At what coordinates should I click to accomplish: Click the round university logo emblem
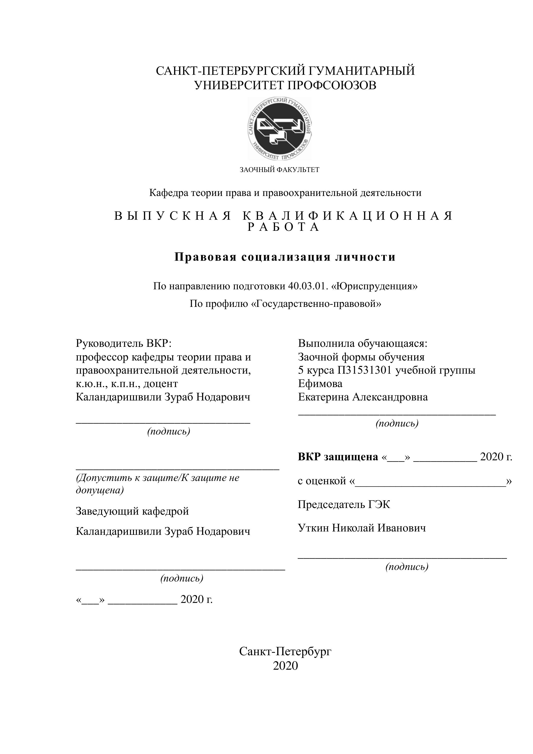tap(280, 129)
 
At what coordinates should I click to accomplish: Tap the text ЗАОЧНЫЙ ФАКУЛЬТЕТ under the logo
tap(279, 170)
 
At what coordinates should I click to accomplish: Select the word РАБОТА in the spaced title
tap(283, 227)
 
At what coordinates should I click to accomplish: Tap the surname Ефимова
tap(320, 383)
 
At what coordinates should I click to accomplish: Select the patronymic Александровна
tap(390, 397)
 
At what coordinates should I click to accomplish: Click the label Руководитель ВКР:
tap(124, 343)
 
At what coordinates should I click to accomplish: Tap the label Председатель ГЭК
tap(344, 504)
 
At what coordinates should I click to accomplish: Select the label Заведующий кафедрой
tap(132, 511)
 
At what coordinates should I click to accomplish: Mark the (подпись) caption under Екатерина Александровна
tap(397, 423)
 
